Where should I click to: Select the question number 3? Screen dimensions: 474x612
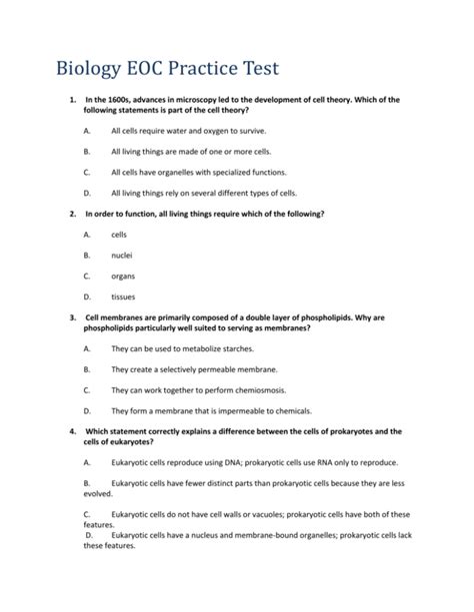pos(72,317)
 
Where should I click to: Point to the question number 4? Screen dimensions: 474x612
pos(72,431)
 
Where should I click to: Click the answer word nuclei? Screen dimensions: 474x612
pos(122,255)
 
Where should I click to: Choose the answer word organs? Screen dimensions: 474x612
pos(123,276)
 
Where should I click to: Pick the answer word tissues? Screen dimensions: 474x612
pos(123,297)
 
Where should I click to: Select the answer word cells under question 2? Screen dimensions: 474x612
pos(119,234)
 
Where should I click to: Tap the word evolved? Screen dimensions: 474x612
pos(99,492)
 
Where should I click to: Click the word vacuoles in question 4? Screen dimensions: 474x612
pos(260,514)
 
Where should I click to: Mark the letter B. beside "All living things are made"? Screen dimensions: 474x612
pos(88,152)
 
